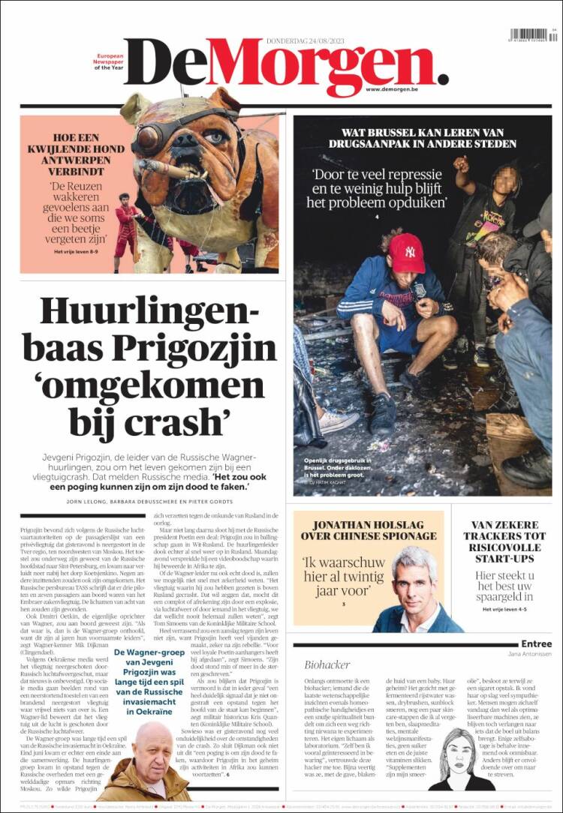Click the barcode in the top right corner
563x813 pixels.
click(529, 35)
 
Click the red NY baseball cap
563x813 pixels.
click(406, 252)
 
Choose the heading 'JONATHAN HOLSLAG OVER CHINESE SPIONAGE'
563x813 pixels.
click(369, 530)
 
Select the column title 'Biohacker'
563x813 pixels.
click(328, 664)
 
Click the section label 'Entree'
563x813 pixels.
click(536, 643)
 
